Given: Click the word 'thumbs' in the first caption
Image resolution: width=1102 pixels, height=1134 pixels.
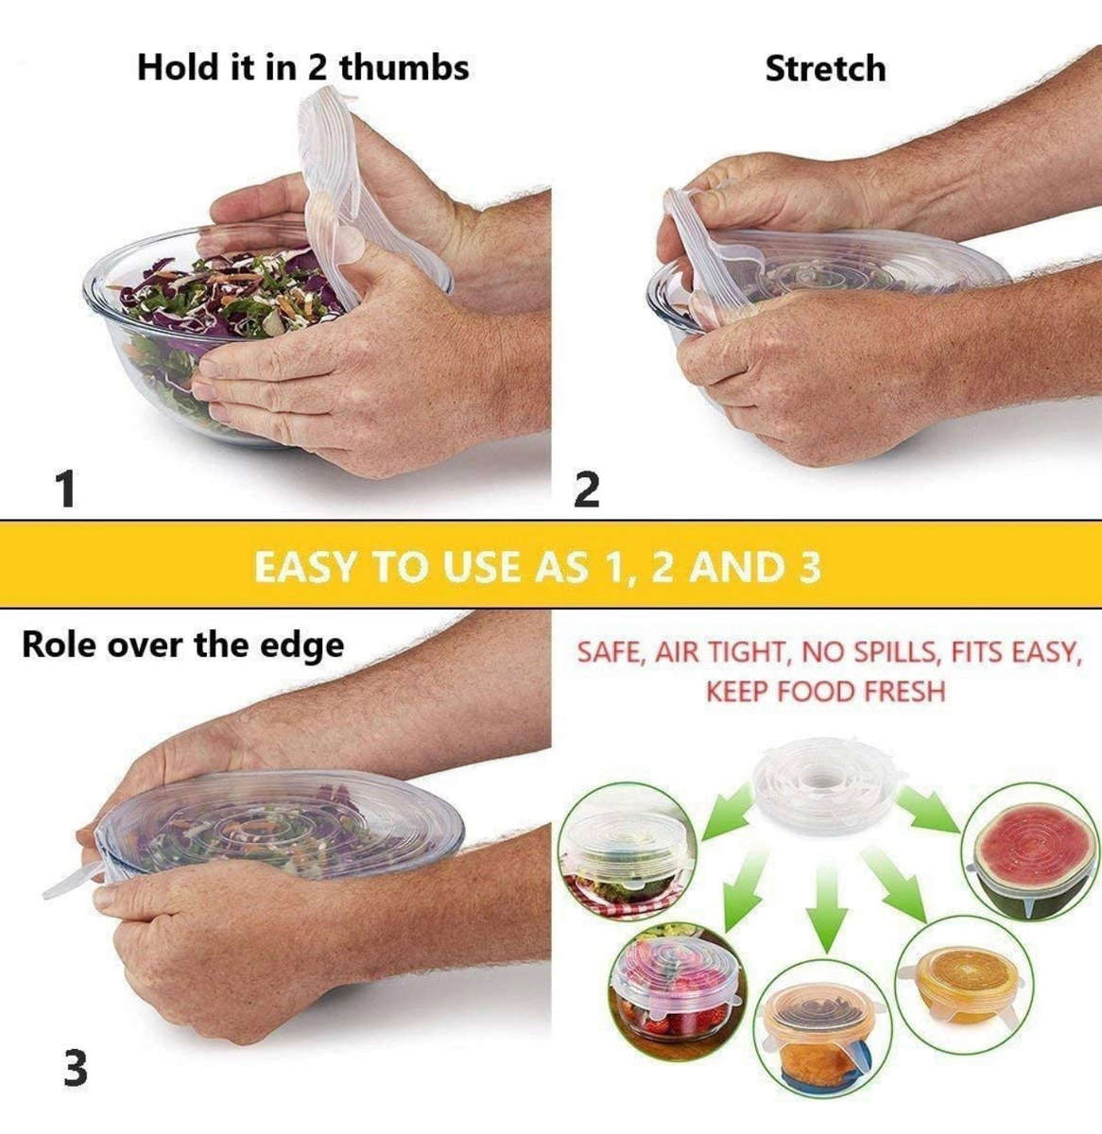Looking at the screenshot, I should (x=405, y=68).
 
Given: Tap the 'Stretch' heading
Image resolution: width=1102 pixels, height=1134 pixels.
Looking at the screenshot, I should (x=825, y=69).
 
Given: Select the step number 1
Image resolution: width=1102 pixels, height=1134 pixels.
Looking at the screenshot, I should (x=64, y=490).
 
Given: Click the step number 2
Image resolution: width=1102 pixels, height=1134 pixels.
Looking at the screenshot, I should (x=587, y=490).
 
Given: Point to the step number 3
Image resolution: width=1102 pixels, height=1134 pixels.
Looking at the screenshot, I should (x=76, y=1069).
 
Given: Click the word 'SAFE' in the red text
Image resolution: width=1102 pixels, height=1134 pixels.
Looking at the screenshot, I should (x=610, y=652).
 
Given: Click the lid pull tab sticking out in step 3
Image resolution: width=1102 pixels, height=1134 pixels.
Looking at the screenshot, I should (x=71, y=884).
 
